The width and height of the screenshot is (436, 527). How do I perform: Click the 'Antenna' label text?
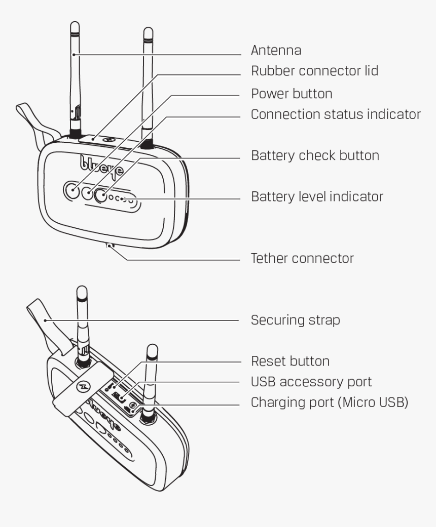276,51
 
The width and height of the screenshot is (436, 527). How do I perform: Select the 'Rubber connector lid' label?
314,71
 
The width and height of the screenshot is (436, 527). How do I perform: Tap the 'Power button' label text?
292,94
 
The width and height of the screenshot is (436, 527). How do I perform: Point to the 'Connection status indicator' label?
336,114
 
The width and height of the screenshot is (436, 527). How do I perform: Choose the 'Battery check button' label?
315,155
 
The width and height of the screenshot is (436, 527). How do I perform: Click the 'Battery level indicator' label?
317,196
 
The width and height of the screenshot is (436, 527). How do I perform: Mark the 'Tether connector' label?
302,258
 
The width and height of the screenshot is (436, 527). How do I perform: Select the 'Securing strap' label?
295,320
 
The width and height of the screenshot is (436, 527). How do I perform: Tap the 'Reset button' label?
290,361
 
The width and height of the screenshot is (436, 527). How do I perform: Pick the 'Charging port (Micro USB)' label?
330,402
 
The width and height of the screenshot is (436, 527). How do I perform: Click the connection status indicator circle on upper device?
88,193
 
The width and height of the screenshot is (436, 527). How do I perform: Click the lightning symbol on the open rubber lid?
80,389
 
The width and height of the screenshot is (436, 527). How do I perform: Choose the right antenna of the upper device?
148,81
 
